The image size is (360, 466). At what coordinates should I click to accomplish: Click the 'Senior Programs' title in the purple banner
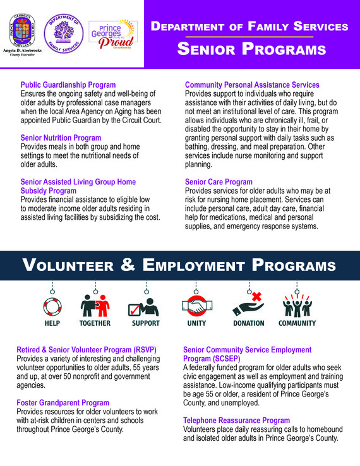click(x=251, y=49)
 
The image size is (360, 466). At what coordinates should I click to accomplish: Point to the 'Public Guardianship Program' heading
click(x=68, y=85)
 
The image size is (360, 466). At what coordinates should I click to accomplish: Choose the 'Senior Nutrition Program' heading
click(x=61, y=138)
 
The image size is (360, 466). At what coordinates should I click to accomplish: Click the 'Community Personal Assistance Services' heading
click(x=252, y=85)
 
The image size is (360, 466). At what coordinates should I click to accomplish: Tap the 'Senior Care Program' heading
click(x=219, y=182)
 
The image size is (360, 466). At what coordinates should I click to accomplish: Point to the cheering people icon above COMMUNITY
click(x=297, y=306)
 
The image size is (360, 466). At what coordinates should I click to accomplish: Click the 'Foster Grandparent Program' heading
click(x=63, y=403)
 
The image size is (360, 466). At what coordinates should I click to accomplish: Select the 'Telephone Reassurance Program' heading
click(x=237, y=420)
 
